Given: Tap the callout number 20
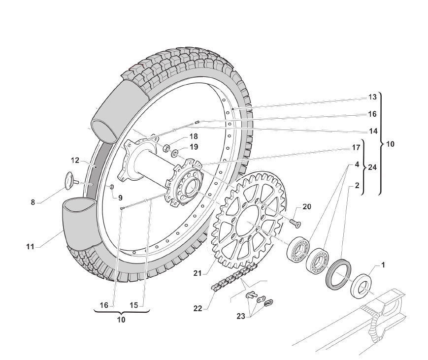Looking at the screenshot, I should coord(306,207).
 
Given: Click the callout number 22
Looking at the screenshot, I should coord(198,308).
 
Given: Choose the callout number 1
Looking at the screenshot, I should coord(383,265).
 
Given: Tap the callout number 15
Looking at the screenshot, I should coord(134,305).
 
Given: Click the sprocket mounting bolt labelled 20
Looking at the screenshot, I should coord(295,223).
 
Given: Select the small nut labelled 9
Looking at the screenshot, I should coord(111,187).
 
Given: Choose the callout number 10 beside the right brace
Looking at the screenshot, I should coord(390,145).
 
